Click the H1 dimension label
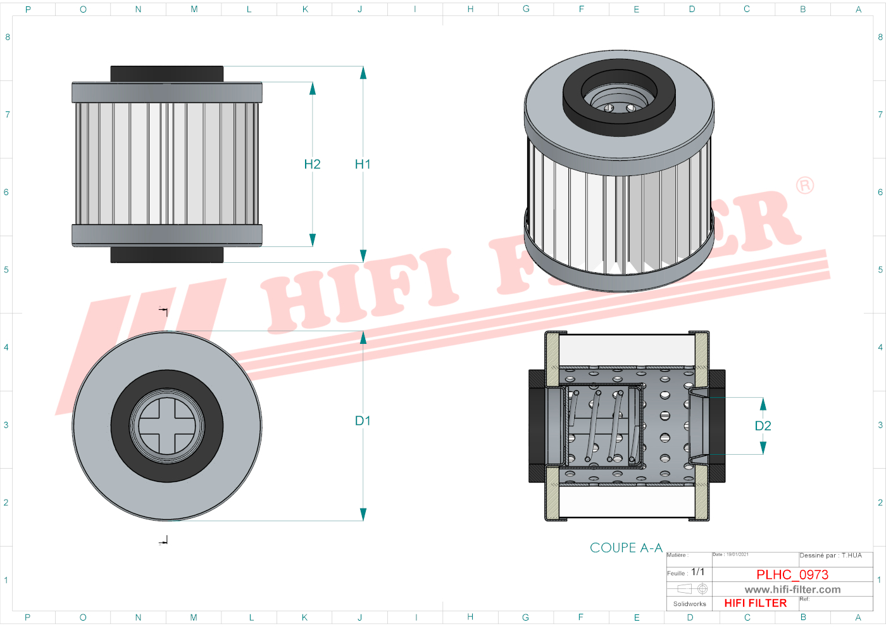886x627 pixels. click(363, 165)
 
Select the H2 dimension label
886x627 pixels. click(312, 165)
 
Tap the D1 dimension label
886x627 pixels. click(363, 421)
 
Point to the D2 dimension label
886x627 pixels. click(763, 426)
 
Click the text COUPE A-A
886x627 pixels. click(626, 548)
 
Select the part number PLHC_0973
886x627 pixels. click(792, 574)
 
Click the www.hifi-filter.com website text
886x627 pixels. click(792, 590)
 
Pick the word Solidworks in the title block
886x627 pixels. click(689, 604)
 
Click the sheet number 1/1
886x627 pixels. click(697, 572)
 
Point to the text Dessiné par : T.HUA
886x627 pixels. click(830, 555)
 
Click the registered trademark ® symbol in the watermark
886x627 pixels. click(805, 186)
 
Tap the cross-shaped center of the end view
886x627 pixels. click(167, 426)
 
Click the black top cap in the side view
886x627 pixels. click(167, 73)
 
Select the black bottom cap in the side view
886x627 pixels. click(167, 255)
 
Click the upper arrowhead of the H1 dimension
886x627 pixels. click(363, 73)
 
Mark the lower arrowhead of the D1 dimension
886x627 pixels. click(363, 514)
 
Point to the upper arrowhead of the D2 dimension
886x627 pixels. click(763, 404)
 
